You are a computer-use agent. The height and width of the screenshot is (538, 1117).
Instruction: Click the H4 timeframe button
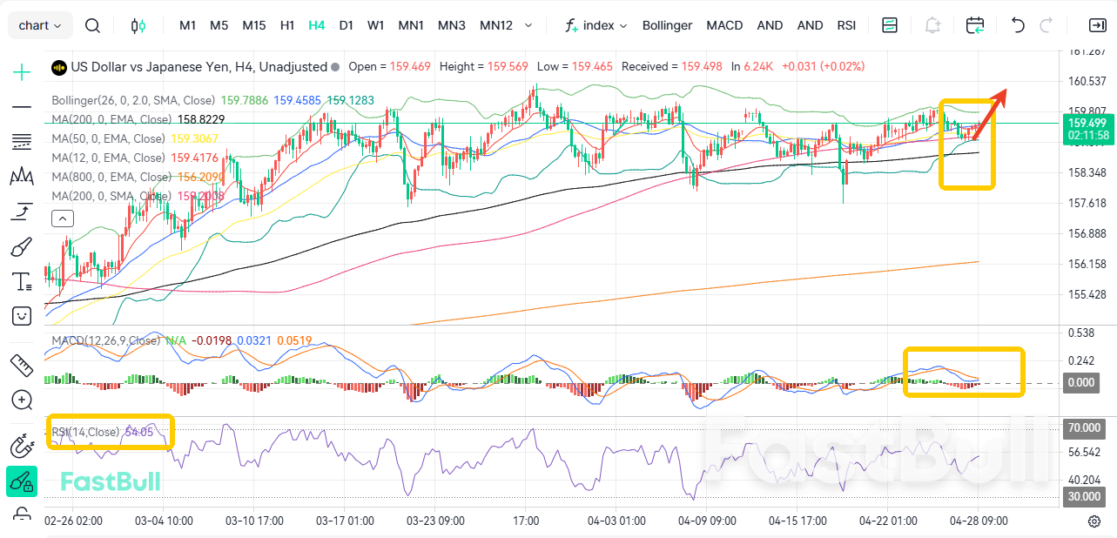pyautogui.click(x=316, y=25)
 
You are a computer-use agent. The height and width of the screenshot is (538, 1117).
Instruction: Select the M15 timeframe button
pyautogui.click(x=254, y=25)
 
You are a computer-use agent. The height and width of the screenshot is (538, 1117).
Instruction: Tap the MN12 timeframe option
pyautogui.click(x=496, y=25)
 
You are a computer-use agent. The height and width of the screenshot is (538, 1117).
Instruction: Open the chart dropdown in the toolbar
pyautogui.click(x=40, y=25)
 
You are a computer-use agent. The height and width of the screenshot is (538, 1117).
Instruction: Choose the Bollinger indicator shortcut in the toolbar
pyautogui.click(x=667, y=25)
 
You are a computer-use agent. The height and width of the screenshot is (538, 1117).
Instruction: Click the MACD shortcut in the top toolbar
pyautogui.click(x=724, y=25)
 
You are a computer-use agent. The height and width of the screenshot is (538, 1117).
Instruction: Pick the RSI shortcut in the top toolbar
pyautogui.click(x=846, y=25)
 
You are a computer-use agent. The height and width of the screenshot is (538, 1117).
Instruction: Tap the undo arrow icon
pyautogui.click(x=1018, y=25)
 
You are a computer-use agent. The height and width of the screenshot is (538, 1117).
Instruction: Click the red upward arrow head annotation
pyautogui.click(x=1003, y=94)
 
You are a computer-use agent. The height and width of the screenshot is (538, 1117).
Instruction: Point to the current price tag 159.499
pyautogui.click(x=1087, y=123)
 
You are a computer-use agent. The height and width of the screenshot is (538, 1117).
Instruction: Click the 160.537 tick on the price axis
pyautogui.click(x=1086, y=82)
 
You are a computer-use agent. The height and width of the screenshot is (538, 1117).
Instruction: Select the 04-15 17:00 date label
pyautogui.click(x=797, y=521)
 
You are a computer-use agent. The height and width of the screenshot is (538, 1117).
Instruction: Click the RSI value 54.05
pyautogui.click(x=139, y=432)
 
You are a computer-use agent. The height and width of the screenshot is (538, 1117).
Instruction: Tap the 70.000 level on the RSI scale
pyautogui.click(x=1086, y=428)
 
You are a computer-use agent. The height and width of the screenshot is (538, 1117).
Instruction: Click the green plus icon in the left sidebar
pyautogui.click(x=22, y=71)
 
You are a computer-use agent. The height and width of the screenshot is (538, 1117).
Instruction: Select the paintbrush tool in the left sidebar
pyautogui.click(x=22, y=247)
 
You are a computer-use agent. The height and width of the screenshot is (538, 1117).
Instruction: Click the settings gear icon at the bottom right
pyautogui.click(x=1094, y=521)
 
